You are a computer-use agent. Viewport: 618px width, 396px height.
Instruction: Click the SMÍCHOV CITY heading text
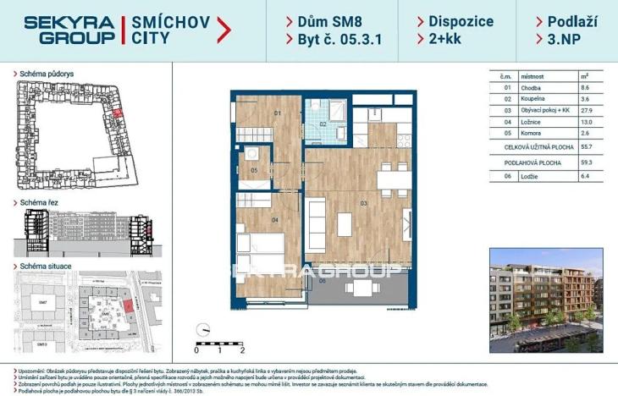pyautogui.click(x=168, y=30)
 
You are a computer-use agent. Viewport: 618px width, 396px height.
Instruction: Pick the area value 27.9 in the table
pyautogui.click(x=584, y=110)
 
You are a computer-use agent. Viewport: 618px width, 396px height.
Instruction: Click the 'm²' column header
pyautogui.click(x=584, y=75)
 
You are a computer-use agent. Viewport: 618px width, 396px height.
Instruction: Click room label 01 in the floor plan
pyautogui.click(x=277, y=113)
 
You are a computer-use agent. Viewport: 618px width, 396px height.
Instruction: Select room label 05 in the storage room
pyautogui.click(x=254, y=171)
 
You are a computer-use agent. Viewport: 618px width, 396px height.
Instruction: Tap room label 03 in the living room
pyautogui.click(x=364, y=204)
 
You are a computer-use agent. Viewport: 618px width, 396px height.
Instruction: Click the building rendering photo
pyautogui.click(x=546, y=300)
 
